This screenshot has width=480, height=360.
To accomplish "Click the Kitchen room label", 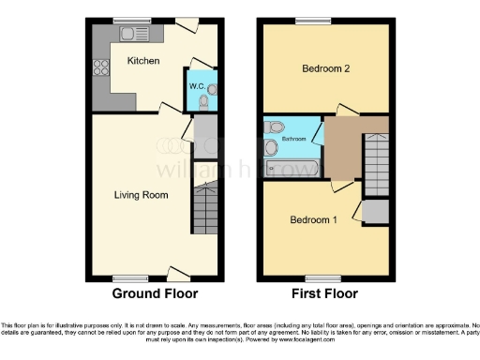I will [x=143, y=61].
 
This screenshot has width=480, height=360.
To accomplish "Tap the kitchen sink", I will [x=128, y=33].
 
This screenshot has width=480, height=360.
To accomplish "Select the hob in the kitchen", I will [x=99, y=67].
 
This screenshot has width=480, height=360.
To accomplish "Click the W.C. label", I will [x=197, y=86].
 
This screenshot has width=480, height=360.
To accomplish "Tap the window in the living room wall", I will [x=124, y=278].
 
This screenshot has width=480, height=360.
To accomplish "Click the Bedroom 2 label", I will [x=325, y=68].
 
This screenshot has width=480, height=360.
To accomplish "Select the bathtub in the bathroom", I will [x=292, y=169].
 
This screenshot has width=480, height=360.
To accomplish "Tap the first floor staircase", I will [x=375, y=161].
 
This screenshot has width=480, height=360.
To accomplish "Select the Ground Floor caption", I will [x=155, y=293].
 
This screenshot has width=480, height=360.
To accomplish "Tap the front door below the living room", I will [x=176, y=274].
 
